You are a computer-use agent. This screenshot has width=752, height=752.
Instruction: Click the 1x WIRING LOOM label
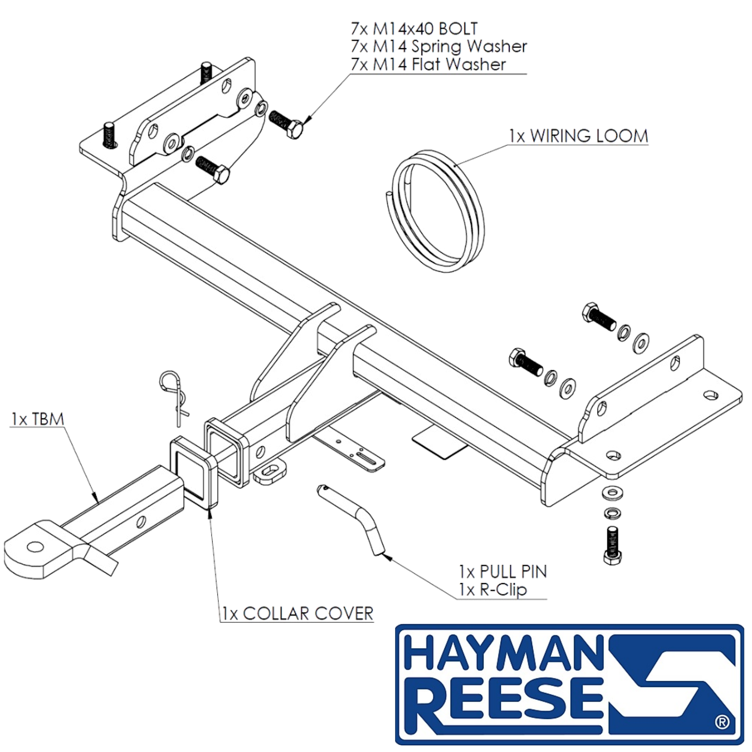pyautogui.click(x=579, y=136)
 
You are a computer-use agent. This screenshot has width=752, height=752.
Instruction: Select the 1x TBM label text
pyautogui.click(x=38, y=419)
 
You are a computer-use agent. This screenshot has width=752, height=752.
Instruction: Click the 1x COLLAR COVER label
pyautogui.click(x=298, y=614)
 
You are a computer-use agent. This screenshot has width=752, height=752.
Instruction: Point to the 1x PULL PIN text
pyautogui.click(x=503, y=572)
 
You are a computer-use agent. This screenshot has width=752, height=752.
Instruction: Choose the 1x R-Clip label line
pyautogui.click(x=493, y=590)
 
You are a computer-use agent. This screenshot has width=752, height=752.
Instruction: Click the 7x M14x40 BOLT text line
pyautogui.click(x=414, y=28)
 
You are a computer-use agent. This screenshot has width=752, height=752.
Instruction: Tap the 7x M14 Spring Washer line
pyautogui.click(x=439, y=47)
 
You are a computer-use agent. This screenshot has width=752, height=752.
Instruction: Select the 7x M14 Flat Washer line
pyautogui.click(x=428, y=64)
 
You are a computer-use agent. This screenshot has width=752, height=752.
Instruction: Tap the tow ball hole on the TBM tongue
pyautogui.click(x=35, y=547)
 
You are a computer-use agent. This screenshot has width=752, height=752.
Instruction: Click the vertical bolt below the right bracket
pyautogui.click(x=612, y=545)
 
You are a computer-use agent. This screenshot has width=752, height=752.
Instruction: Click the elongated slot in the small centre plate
pyautogui.click(x=366, y=459)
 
